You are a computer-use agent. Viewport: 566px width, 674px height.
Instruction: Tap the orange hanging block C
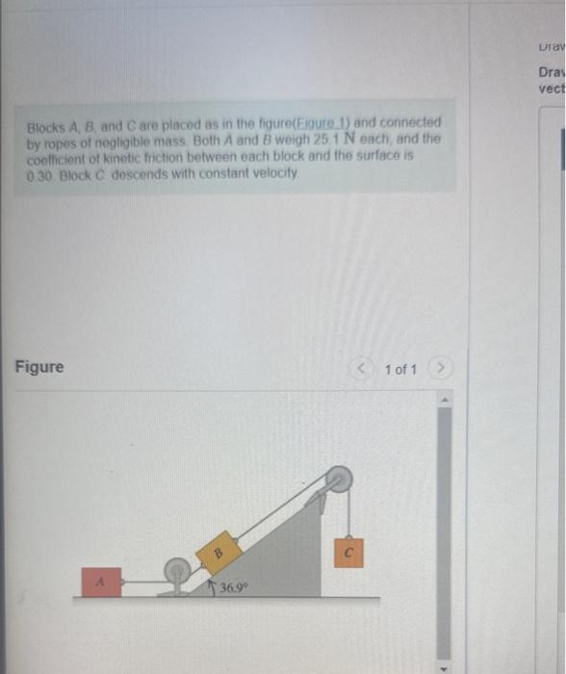[348, 553]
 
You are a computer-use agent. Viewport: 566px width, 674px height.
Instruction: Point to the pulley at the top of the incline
[339, 479]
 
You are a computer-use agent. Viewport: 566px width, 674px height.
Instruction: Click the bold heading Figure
[39, 367]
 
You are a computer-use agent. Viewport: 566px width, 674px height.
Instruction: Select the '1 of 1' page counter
[399, 369]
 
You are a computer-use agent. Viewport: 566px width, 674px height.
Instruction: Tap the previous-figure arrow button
[363, 369]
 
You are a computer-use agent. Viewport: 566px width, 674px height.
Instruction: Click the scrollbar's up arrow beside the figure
[446, 400]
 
